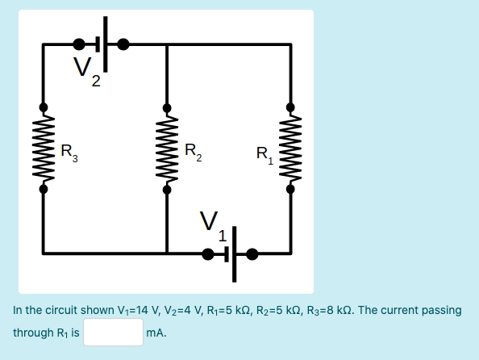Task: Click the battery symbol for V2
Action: (102, 44)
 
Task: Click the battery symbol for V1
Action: (231, 254)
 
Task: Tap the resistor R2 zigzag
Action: (167, 149)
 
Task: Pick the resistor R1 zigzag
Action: (290, 149)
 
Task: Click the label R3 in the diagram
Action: (70, 150)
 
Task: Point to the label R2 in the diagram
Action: (194, 150)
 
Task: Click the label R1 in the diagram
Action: (264, 153)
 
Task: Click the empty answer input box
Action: (113, 333)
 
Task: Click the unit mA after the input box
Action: (156, 333)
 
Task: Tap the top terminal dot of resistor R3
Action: (44, 107)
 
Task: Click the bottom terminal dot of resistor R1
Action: (290, 190)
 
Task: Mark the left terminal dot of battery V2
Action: (80, 44)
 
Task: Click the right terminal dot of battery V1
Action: (252, 254)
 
